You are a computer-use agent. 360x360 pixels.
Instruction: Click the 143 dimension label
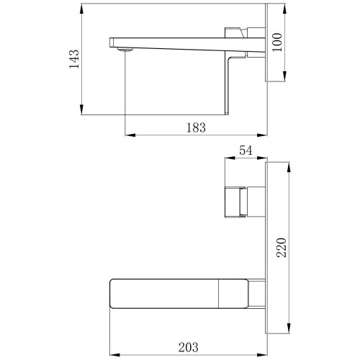74,59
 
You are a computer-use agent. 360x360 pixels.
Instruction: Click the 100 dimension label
277,42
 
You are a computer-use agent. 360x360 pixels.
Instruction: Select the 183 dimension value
196,127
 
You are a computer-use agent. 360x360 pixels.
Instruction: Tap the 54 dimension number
246,150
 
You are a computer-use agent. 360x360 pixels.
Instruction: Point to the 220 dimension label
282,248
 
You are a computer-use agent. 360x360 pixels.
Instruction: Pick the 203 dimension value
189,347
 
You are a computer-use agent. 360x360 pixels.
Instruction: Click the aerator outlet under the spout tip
125,50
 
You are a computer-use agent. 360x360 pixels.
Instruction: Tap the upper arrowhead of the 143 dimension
81,9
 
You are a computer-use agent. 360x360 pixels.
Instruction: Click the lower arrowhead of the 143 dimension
81,109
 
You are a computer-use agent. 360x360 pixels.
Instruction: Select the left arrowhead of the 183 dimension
130,135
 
